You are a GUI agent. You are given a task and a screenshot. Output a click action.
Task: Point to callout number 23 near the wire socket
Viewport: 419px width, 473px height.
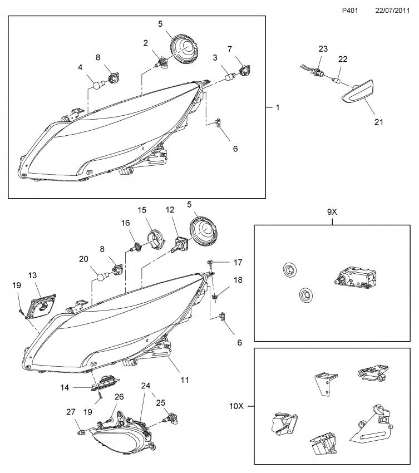tap(323, 49)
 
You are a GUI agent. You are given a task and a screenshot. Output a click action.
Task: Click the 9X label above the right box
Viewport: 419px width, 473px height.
tap(332, 211)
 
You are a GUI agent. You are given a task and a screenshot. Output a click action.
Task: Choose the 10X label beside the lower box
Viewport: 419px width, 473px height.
tap(237, 406)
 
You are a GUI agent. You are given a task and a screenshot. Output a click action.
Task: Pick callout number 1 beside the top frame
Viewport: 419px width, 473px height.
tap(277, 107)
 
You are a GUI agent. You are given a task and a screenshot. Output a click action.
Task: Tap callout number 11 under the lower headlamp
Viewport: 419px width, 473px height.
tap(184, 380)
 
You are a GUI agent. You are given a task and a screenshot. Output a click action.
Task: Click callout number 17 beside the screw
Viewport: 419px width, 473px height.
tap(238, 261)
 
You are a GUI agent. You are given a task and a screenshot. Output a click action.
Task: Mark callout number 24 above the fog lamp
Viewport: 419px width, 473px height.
tap(146, 385)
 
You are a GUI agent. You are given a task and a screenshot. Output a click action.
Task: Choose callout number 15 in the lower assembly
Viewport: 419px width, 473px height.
tap(141, 210)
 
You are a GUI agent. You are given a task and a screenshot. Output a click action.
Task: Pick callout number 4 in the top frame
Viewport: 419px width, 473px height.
tap(80, 68)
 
